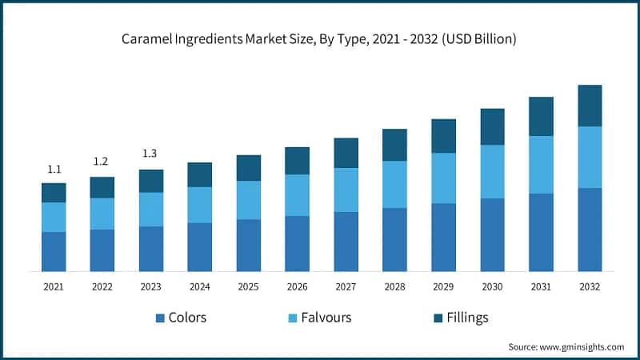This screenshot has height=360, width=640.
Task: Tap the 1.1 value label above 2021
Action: (54, 170)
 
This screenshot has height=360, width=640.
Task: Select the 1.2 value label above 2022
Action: (101, 162)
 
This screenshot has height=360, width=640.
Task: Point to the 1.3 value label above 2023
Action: (150, 153)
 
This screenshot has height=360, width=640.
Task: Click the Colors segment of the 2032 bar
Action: (590, 230)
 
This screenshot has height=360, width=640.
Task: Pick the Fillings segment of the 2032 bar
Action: (590, 106)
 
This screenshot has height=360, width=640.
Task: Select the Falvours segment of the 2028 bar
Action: (394, 185)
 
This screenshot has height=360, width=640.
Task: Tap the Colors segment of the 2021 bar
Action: (54, 251)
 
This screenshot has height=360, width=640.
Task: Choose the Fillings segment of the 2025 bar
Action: (248, 168)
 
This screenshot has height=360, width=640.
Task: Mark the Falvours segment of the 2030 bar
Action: (492, 172)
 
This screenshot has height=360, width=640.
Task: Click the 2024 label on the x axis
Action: (199, 286)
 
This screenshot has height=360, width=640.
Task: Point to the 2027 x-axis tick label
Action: (346, 286)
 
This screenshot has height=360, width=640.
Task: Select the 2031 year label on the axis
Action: (541, 286)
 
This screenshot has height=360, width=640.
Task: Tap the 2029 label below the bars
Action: (443, 286)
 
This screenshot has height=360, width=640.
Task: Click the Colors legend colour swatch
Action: (160, 318)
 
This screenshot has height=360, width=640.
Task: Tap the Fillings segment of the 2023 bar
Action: (150, 181)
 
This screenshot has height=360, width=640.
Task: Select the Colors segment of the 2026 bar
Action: (297, 243)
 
